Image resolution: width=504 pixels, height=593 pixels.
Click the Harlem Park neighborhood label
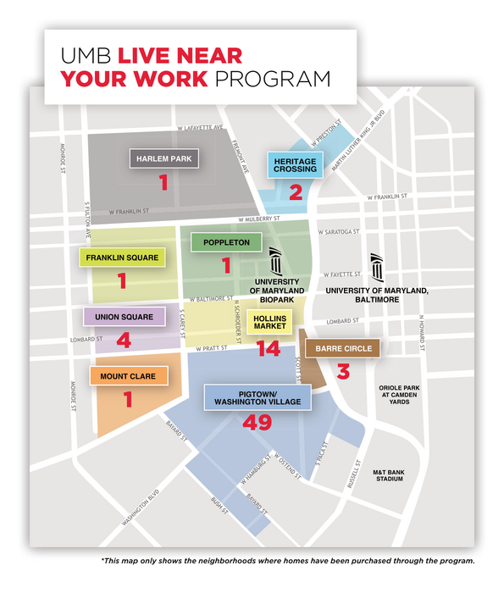coord(163,158)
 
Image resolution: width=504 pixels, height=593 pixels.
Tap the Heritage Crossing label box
coord(295,164)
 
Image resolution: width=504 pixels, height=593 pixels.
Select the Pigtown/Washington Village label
coord(258,398)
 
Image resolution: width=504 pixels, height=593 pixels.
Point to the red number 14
coord(269,348)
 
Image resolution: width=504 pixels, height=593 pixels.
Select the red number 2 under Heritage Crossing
coord(295,191)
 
